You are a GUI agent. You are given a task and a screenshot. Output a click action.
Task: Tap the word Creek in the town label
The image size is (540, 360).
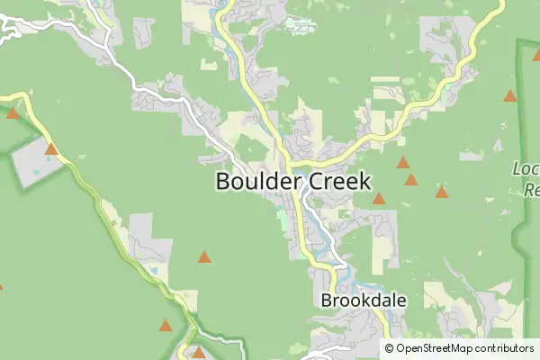(333, 181)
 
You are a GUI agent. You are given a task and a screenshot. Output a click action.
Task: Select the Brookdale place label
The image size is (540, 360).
(364, 301)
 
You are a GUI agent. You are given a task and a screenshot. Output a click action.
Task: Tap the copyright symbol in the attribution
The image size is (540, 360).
(389, 348)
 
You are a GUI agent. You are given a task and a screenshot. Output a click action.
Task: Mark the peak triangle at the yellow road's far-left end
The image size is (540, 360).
(13, 113)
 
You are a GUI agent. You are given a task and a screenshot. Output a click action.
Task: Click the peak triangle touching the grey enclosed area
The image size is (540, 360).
(51, 149)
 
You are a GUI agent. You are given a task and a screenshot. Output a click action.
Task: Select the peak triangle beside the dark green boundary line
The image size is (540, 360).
(510, 95)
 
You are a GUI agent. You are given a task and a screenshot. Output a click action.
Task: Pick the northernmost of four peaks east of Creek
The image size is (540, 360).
(403, 163)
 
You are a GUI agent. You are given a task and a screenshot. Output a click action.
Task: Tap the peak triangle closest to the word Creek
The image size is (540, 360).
(379, 198)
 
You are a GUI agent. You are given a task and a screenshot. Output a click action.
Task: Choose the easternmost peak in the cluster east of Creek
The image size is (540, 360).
(442, 192)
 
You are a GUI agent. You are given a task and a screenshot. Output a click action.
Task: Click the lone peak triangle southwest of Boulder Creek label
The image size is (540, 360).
(204, 257)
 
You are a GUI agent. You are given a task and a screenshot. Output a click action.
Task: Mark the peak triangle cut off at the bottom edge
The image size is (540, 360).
(199, 353)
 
